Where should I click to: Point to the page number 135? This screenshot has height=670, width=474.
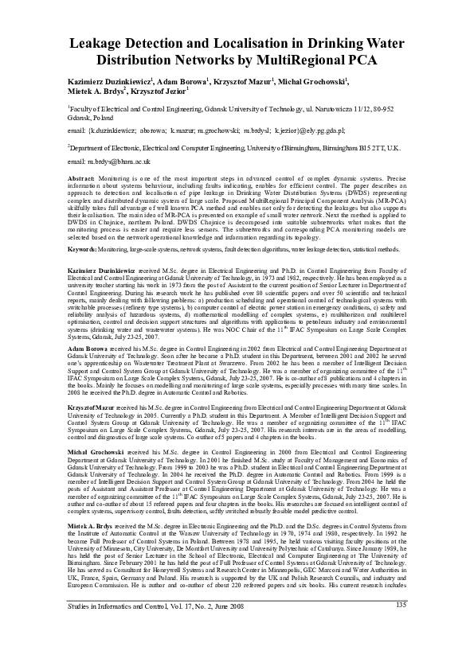click(x=402, y=651)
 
